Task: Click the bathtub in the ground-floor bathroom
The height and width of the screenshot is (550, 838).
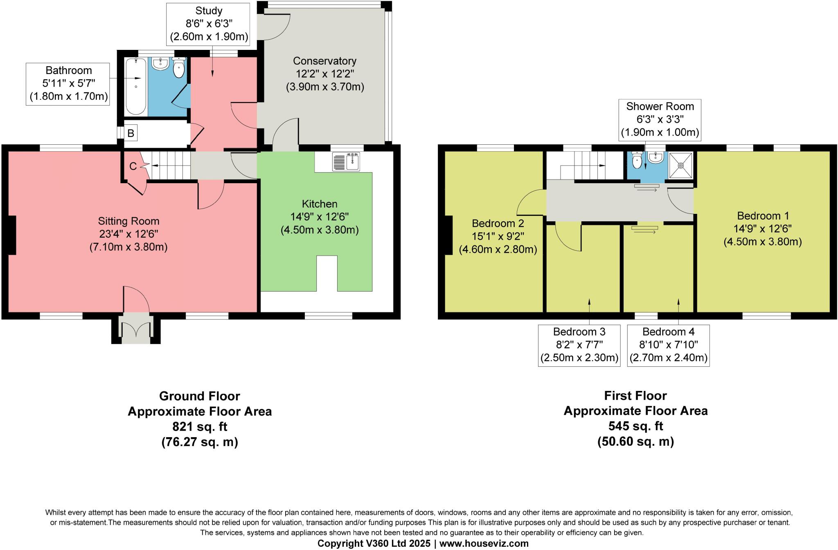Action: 136,86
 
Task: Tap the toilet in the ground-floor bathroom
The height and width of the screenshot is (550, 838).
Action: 179,68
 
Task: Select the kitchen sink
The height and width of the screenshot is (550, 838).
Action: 346,161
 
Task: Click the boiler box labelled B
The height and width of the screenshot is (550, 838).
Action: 131,133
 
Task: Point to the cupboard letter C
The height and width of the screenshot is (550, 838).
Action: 133,166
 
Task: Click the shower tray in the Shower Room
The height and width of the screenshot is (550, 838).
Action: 681,166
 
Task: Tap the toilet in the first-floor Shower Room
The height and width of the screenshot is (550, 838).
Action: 637,161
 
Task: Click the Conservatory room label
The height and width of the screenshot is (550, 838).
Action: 324,61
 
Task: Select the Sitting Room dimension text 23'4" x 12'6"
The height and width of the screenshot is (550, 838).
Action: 128,234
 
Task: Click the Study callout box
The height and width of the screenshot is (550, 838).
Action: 209,24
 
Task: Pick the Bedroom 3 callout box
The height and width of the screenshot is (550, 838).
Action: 579,345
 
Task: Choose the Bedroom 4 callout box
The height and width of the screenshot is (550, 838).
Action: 668,345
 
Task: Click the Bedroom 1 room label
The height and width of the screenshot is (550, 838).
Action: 763,216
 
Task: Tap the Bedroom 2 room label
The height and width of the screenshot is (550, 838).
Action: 498,224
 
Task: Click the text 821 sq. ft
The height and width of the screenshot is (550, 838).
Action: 199,427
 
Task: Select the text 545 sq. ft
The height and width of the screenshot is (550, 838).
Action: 635,426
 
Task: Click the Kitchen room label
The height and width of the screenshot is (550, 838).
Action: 320,204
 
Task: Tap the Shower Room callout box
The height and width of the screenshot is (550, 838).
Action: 660,119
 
